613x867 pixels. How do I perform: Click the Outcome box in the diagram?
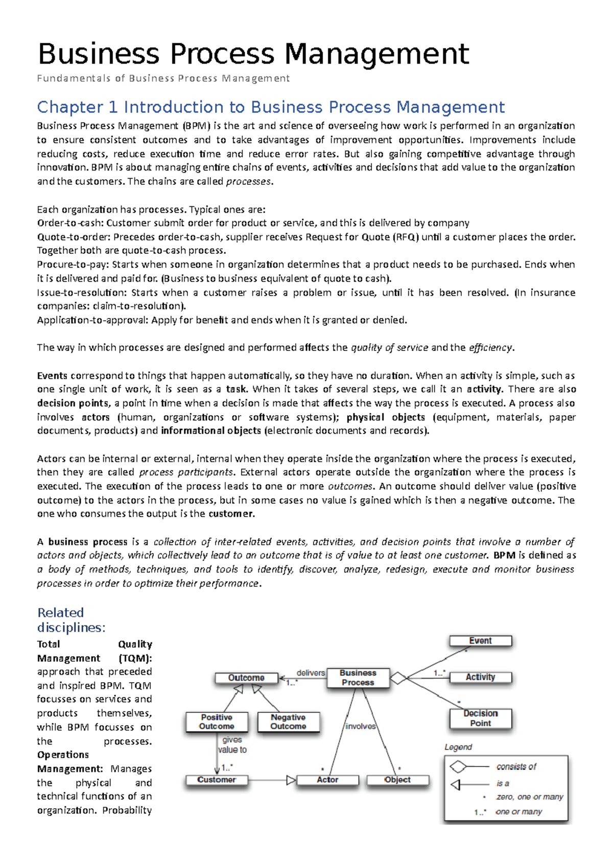click(x=246, y=678)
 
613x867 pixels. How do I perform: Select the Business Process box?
click(x=358, y=678)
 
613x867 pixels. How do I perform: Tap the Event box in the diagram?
click(x=480, y=641)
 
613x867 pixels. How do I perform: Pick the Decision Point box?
click(x=480, y=718)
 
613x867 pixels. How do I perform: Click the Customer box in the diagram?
click(x=217, y=780)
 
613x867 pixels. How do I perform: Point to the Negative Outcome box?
click(x=288, y=721)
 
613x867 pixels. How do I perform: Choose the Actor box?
click(x=327, y=780)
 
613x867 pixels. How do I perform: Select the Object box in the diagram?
click(x=397, y=780)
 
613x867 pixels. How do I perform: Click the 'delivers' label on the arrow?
click(x=311, y=673)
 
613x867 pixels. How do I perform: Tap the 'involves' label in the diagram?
click(x=360, y=726)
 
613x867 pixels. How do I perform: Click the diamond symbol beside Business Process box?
click(x=398, y=679)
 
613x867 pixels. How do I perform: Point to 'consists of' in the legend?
click(x=516, y=766)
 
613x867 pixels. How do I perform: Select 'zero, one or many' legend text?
click(x=529, y=797)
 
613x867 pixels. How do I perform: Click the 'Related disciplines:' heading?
click(x=71, y=620)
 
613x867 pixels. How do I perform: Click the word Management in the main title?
click(x=376, y=54)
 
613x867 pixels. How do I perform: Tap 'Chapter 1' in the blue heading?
click(x=77, y=107)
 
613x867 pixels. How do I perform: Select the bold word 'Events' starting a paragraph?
click(x=52, y=376)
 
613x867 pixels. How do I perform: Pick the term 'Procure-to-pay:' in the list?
click(x=73, y=264)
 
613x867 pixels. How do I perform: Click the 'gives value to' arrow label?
click(x=232, y=744)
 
